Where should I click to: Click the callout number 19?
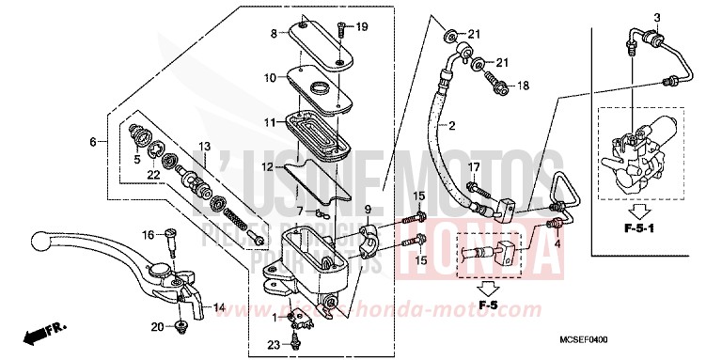click(x=362, y=26)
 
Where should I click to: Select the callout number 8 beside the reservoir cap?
click(x=275, y=34)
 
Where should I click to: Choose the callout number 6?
click(x=93, y=142)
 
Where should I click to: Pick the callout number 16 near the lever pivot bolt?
click(x=148, y=235)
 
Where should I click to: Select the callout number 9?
click(x=369, y=209)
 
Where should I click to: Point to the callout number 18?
click(x=523, y=86)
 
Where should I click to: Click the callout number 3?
click(x=631, y=18)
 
